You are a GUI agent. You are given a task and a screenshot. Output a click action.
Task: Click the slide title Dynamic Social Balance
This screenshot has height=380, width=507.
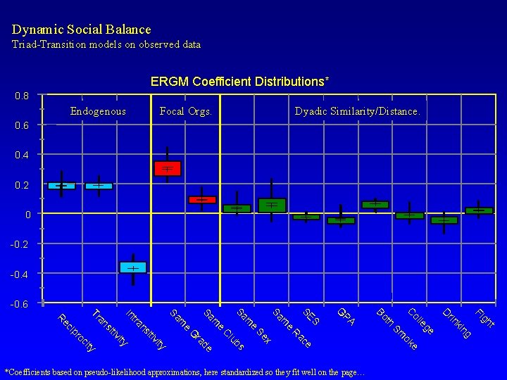pyautogui.click(x=81, y=30)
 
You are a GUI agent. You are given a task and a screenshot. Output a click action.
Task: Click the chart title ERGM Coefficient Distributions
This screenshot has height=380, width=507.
pyautogui.click(x=239, y=82)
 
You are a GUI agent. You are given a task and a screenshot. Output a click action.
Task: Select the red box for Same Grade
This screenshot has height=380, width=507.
pyautogui.click(x=168, y=168)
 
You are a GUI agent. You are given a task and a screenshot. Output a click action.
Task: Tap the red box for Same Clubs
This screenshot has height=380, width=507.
pyautogui.click(x=202, y=200)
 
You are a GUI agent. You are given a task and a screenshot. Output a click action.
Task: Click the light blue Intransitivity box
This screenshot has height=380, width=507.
pyautogui.click(x=132, y=267)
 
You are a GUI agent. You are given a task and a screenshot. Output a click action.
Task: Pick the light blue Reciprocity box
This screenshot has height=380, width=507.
pyautogui.click(x=61, y=186)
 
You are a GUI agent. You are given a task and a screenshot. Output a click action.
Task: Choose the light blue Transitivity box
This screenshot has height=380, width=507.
pyautogui.click(x=99, y=186)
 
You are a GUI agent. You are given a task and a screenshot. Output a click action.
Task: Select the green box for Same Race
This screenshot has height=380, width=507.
pyautogui.click(x=272, y=205)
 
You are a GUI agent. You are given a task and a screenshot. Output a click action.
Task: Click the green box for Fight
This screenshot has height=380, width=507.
pyautogui.click(x=479, y=210)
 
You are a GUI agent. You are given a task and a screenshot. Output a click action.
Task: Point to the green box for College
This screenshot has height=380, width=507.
pyautogui.click(x=409, y=215)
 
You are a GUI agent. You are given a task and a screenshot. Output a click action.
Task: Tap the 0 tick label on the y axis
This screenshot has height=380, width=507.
pyautogui.click(x=27, y=214)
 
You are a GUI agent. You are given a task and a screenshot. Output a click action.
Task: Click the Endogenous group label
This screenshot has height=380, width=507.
pyautogui.click(x=98, y=111)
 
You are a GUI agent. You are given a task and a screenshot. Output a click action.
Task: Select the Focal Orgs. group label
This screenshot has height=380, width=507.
pyautogui.click(x=186, y=111)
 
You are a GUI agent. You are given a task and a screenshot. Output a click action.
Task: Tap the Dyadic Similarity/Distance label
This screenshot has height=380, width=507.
pyautogui.click(x=357, y=111)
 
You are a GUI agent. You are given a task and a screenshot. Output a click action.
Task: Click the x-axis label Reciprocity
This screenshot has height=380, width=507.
pyautogui.click(x=77, y=332)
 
